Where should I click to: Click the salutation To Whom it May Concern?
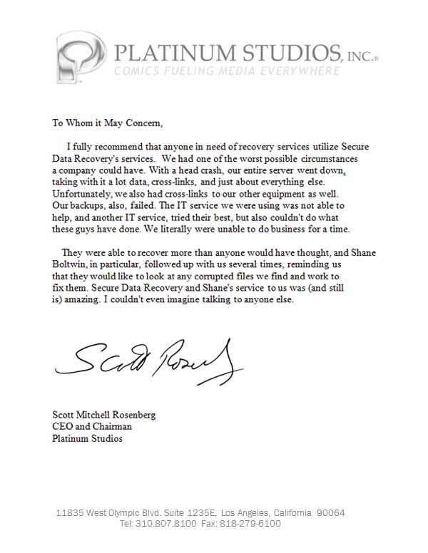pos(108,122)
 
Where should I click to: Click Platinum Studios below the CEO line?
pos(87,438)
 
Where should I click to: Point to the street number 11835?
pos(70,513)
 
